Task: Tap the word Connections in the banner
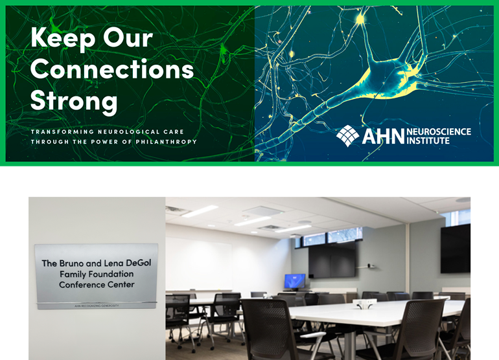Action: pos(112,69)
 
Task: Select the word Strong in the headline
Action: pos(74,100)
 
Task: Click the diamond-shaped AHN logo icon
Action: pos(348,135)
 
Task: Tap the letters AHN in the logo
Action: pos(382,136)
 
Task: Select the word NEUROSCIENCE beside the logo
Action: pos(439,131)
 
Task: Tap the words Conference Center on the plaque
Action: pos(97,284)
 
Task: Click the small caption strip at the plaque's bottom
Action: pos(97,304)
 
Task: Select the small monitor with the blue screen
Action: pos(294,281)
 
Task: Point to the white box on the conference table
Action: pos(362,303)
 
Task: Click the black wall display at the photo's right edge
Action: pos(456,249)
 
